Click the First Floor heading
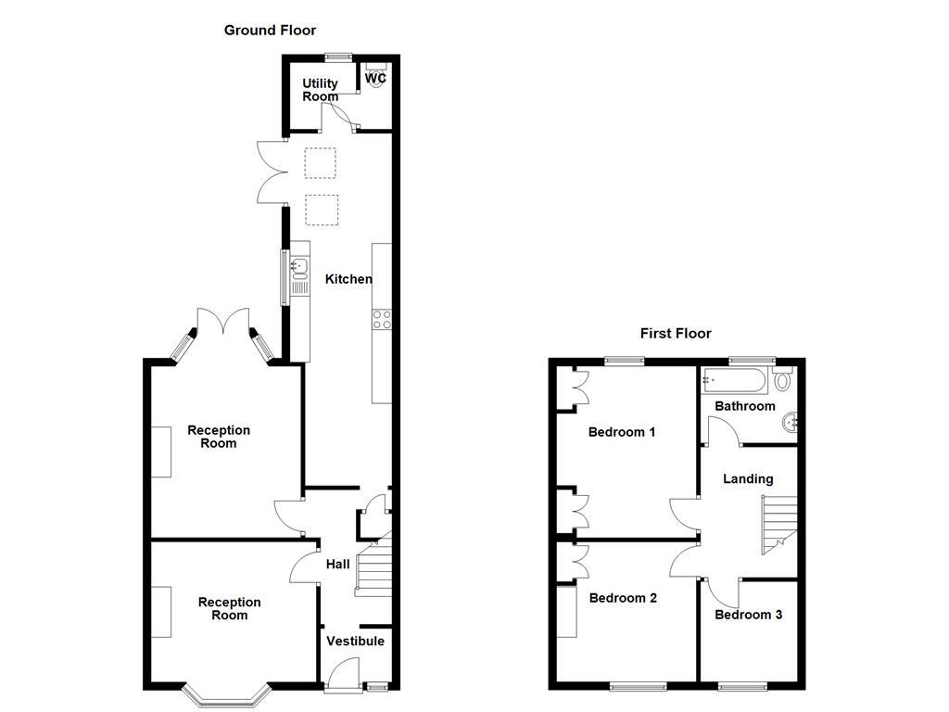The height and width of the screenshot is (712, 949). [676, 334]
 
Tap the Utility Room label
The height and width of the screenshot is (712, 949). [321, 90]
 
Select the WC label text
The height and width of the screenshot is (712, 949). [375, 79]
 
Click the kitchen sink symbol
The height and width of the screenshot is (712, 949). [298, 269]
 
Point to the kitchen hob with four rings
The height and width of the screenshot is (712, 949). [381, 320]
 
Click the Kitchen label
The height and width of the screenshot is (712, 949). [348, 279]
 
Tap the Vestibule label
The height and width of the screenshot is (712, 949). [355, 641]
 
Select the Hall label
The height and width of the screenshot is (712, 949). [337, 565]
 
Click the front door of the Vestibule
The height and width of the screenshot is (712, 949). [344, 674]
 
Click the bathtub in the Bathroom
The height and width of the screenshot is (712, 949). [736, 380]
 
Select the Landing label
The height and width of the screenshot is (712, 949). [748, 479]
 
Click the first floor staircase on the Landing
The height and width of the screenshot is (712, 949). [778, 523]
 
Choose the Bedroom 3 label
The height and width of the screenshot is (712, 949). [748, 615]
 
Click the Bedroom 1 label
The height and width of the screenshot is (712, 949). [622, 432]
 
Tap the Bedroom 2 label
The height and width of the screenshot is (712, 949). [623, 598]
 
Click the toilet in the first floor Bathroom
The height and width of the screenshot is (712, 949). [783, 380]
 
